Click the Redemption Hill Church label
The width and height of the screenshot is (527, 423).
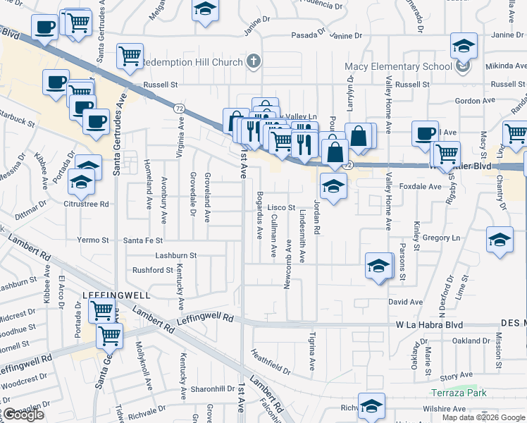click(191, 62)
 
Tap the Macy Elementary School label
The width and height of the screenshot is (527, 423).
click(398, 67)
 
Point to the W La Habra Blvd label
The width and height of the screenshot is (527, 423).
click(429, 325)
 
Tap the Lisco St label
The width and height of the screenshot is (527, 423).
click(281, 208)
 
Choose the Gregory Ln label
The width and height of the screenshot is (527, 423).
click(441, 238)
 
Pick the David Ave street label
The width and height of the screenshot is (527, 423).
click(405, 302)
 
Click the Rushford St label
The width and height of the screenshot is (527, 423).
click(152, 270)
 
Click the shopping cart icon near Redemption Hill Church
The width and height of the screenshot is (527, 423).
click(130, 56)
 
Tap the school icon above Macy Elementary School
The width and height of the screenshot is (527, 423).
click(464, 46)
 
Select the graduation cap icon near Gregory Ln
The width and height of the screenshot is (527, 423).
click(500, 240)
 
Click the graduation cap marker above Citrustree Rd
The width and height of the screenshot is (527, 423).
click(80, 183)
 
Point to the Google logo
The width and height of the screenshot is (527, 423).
click(23, 414)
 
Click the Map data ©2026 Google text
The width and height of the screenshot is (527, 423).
click(483, 417)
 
